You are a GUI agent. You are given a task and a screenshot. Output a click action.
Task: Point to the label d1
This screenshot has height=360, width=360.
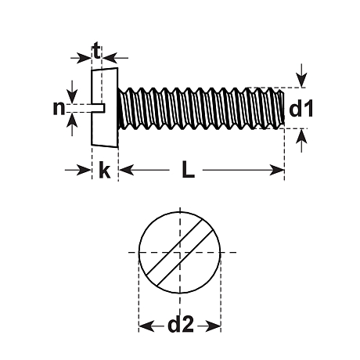point(301,110)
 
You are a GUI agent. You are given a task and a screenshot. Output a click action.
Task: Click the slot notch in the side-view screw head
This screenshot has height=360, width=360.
point(99,106)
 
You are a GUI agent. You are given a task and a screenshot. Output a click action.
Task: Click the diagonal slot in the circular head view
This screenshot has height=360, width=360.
point(181,254)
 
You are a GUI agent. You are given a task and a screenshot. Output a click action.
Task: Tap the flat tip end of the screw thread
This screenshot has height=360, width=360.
point(282,108)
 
